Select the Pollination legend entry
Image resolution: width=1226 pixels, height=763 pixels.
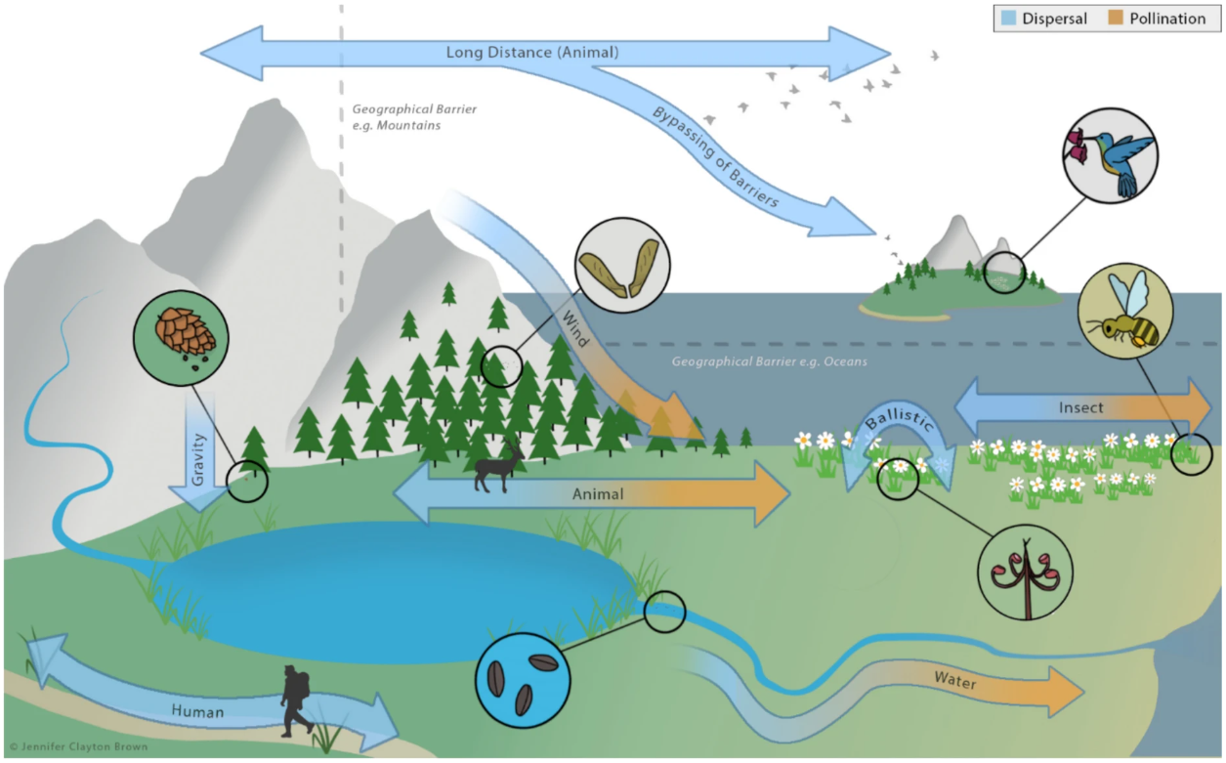click(1159, 19)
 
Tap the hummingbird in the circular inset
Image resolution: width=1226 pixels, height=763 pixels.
click(1110, 155)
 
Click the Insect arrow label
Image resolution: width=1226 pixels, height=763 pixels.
click(1080, 406)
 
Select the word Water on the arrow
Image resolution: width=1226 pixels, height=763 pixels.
click(954, 680)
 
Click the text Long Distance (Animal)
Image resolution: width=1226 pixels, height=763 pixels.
click(532, 52)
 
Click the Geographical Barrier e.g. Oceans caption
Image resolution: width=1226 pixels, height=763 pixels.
click(769, 362)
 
